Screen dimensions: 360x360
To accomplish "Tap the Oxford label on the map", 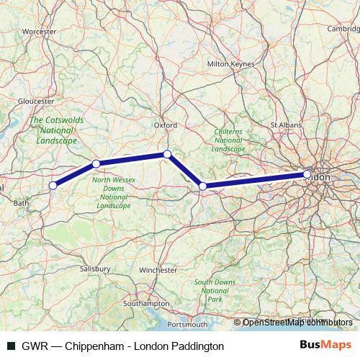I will pos(166,125).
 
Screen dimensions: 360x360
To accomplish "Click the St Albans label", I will pos(284,125).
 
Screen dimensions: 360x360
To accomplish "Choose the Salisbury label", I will pos(96,269).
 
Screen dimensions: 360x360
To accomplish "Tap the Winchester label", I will pos(158,270).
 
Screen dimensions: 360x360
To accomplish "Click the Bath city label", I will pos(21,203).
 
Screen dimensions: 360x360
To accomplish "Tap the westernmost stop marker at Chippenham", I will pos(53,186).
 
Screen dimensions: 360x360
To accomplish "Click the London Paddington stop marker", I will pos(307,174).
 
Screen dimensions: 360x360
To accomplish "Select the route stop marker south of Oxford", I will pos(167,154).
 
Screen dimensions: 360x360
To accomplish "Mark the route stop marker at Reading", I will pos(203,186).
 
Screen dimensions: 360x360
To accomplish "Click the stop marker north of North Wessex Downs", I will pos(96,164).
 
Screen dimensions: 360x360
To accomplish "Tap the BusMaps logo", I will pos(330,346).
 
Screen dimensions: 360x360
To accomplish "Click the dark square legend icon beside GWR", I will pos(12,346).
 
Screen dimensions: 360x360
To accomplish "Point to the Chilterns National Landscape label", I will pos(231,140).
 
